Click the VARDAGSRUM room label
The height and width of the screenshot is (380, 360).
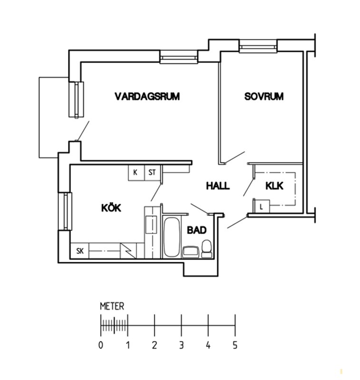(147, 96)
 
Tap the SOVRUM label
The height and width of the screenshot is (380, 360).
(264, 96)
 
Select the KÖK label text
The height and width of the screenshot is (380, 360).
(111, 208)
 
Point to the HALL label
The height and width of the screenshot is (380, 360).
(218, 186)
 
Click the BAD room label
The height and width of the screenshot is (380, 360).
(197, 230)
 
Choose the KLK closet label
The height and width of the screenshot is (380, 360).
(274, 186)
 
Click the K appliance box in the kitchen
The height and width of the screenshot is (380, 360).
(136, 172)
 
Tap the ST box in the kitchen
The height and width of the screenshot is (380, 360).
(153, 172)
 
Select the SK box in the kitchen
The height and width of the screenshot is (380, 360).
(79, 251)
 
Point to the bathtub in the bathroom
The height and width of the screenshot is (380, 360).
(171, 237)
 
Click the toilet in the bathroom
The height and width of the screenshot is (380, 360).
(207, 248)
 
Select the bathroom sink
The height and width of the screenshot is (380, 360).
(191, 252)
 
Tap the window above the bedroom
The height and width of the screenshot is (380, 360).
(258, 46)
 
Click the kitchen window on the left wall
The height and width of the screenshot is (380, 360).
(65, 211)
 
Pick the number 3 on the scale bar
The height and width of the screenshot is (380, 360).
(181, 345)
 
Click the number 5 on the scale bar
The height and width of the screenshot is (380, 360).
(235, 345)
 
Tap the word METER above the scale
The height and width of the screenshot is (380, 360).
(112, 306)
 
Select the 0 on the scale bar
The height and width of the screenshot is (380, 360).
(101, 345)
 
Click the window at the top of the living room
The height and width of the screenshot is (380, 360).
(179, 57)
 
